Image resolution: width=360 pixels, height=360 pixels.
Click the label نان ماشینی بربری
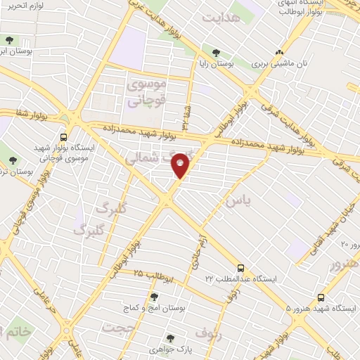click(x=280, y=63)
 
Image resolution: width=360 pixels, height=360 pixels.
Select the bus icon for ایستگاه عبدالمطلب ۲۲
click(x=241, y=268)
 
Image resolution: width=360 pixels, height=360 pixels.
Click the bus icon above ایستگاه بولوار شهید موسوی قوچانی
click(x=64, y=138)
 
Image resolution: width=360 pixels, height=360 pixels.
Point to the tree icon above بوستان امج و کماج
click(x=154, y=297)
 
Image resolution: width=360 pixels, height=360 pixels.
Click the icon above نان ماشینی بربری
click(x=280, y=52)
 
